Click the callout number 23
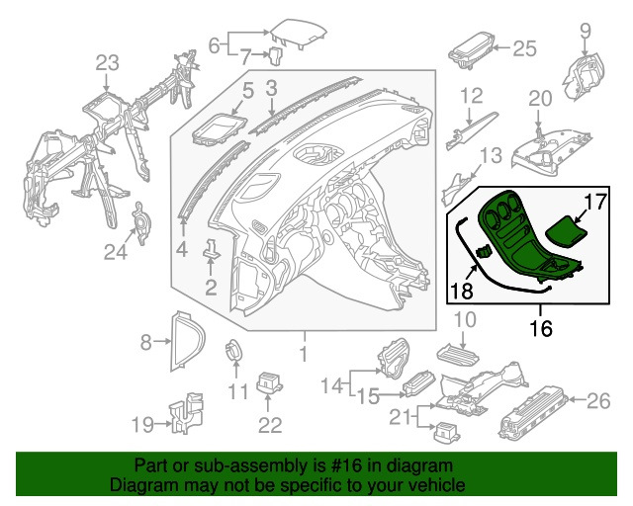click(x=106, y=64)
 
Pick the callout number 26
click(x=599, y=401)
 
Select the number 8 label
click(x=146, y=343)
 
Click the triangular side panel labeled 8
click(x=184, y=342)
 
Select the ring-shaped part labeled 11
click(x=234, y=351)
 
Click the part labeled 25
click(x=470, y=45)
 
